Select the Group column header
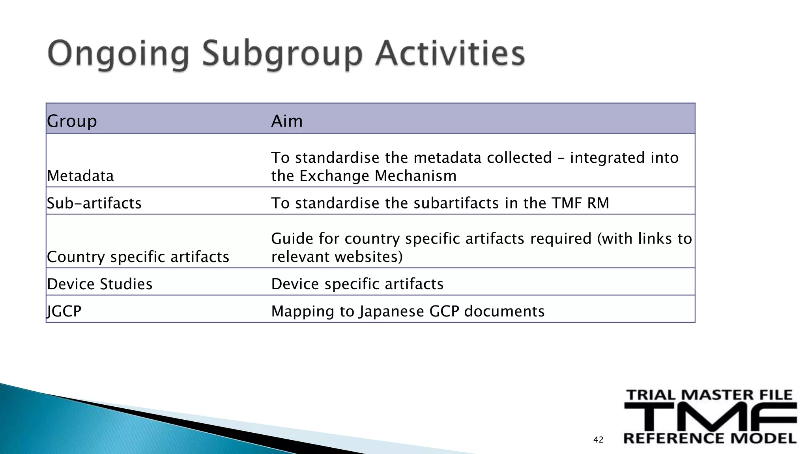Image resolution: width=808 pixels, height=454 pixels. pyautogui.click(x=72, y=121)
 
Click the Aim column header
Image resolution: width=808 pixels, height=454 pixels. pyautogui.click(x=287, y=121)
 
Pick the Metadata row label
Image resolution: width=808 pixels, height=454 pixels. pyautogui.click(x=80, y=176)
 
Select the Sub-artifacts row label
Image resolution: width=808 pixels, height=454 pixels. pyautogui.click(x=94, y=203)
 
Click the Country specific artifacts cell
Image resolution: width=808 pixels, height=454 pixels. pyautogui.click(x=138, y=257)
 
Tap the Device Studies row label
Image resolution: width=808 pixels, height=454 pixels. pyautogui.click(x=100, y=284)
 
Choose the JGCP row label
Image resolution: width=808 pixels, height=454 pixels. pyautogui.click(x=64, y=311)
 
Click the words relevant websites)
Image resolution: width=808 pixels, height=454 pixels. pyautogui.click(x=337, y=257)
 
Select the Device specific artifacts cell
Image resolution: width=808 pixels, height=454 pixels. pyautogui.click(x=357, y=284)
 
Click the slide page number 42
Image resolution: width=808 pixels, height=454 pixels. pyautogui.click(x=598, y=440)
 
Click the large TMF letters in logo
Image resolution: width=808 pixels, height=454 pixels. pyautogui.click(x=710, y=417)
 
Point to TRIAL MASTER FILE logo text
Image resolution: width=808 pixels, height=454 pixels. pyautogui.click(x=709, y=395)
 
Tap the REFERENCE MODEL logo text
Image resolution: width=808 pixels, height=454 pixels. pyautogui.click(x=710, y=438)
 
